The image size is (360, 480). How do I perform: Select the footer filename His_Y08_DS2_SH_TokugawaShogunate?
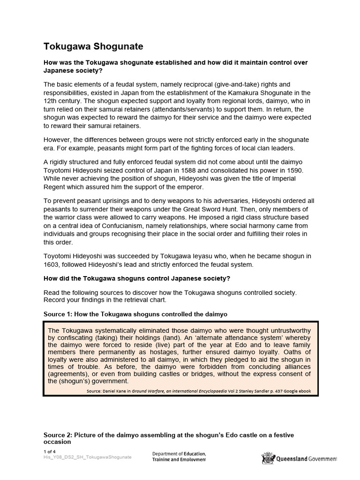coord(88,457)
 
